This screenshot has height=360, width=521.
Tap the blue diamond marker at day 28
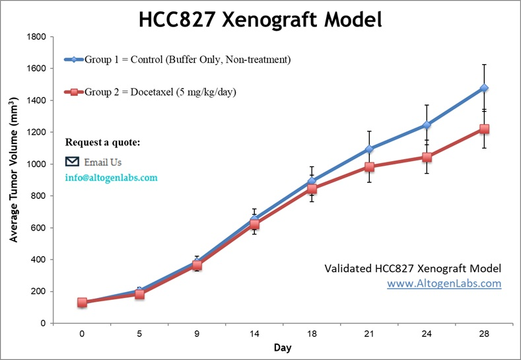pyautogui.click(x=484, y=88)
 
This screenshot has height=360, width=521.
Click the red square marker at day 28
pyautogui.click(x=484, y=129)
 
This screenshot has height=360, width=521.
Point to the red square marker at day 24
pyautogui.click(x=427, y=157)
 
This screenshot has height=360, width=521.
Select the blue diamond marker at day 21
pyautogui.click(x=369, y=149)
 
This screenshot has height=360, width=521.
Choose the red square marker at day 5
pyautogui.click(x=139, y=294)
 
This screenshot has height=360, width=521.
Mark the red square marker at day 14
pyautogui.click(x=254, y=225)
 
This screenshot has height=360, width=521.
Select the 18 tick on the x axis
pyautogui.click(x=312, y=334)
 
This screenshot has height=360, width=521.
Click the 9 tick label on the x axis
pyautogui.click(x=197, y=334)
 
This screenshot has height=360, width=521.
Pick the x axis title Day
pyautogui.click(x=283, y=347)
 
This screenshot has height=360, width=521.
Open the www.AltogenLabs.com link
pyautogui.click(x=444, y=284)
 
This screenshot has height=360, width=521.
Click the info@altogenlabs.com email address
pyautogui.click(x=111, y=178)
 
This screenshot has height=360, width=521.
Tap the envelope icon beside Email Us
pyautogui.click(x=73, y=162)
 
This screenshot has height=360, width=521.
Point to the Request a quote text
pyautogui.click(x=102, y=143)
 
